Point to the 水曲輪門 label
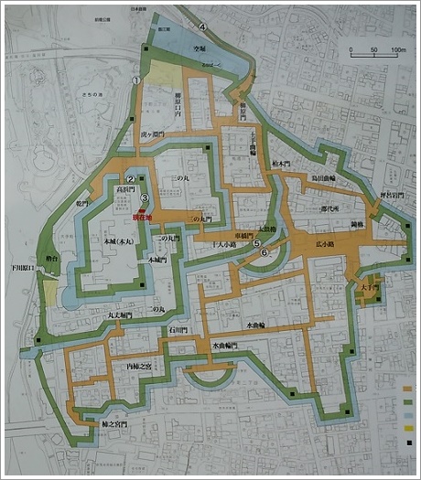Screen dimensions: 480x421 (x=223, y=346)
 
